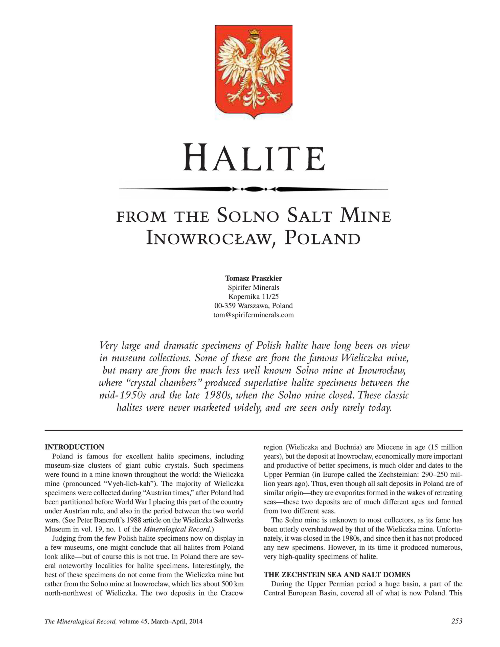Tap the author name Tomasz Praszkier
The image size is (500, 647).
pyautogui.click(x=253, y=278)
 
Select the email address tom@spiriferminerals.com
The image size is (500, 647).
pyautogui.click(x=253, y=315)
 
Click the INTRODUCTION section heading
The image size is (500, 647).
pyautogui.click(x=74, y=447)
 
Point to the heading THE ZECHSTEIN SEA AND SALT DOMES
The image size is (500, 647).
pyautogui.click(x=337, y=575)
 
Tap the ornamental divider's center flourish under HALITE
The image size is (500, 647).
pyautogui.click(x=253, y=189)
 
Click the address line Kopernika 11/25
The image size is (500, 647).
pyautogui.click(x=253, y=296)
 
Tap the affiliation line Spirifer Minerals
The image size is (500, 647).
pyautogui.click(x=253, y=287)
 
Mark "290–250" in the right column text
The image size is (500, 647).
pyautogui.click(x=435, y=475)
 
